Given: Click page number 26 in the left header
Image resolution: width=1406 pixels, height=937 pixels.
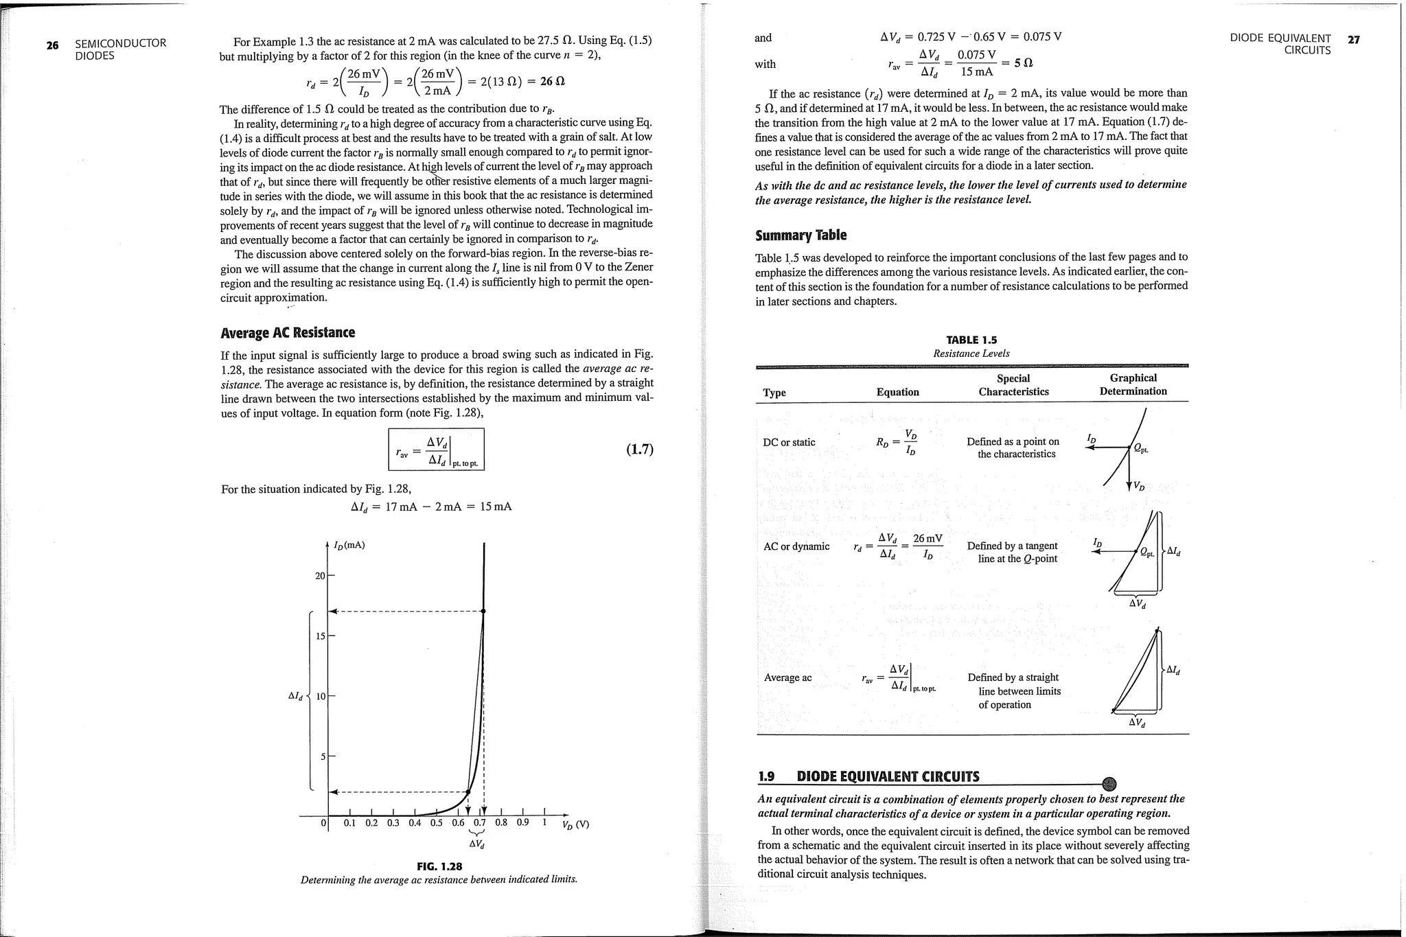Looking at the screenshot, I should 52,45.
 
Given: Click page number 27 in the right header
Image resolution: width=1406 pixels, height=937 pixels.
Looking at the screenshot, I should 1353,40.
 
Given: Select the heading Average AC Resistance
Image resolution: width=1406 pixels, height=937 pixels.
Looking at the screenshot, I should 288,333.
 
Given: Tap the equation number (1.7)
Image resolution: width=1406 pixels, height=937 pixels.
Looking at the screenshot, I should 640,450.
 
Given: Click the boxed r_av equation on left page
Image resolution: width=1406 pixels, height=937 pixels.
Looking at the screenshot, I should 436,450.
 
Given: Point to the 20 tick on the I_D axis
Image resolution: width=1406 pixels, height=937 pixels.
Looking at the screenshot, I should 320,575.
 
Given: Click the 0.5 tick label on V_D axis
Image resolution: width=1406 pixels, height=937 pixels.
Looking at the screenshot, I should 437,823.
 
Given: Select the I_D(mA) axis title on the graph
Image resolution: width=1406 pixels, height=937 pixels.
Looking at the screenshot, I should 349,545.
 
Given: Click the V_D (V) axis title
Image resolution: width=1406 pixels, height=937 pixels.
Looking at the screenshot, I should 575,824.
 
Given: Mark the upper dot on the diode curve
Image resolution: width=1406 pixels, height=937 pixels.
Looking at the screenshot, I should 483,611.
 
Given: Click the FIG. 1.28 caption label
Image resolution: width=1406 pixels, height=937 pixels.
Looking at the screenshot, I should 439,866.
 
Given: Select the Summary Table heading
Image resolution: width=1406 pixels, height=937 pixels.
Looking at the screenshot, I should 800,235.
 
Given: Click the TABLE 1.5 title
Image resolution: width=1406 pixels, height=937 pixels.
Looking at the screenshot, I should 971,340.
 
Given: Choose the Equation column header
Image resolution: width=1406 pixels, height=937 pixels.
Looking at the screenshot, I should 897,392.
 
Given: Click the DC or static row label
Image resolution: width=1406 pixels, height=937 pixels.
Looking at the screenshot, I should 789,442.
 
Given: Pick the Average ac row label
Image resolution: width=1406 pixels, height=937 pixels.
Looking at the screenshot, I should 787,678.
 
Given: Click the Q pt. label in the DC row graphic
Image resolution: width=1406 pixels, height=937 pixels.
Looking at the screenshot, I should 1140,448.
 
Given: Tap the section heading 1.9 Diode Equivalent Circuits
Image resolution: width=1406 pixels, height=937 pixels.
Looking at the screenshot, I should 868,776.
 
